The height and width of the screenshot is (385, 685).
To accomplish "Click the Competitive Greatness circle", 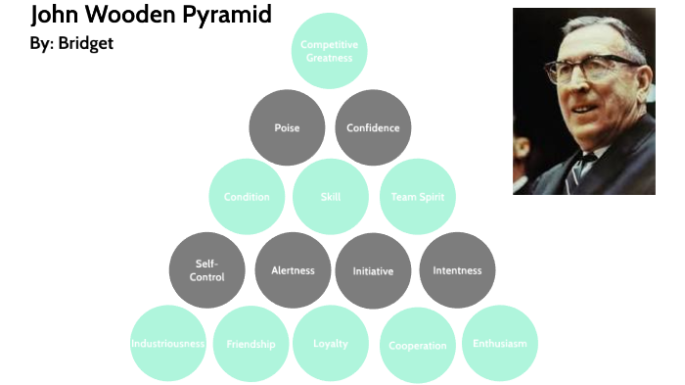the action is tap(330, 51).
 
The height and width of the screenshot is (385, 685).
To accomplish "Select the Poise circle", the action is tap(287, 127).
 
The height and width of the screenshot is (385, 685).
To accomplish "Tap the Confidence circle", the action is tap(373, 127).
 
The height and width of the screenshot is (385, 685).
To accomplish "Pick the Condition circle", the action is tap(247, 197).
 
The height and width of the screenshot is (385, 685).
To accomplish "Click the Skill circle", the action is tap(331, 197).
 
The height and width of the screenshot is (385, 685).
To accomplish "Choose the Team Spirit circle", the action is tap(417, 197).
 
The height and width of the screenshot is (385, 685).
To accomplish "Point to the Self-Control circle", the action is tap(206, 269).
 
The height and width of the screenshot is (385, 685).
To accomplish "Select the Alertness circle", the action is tap(293, 269).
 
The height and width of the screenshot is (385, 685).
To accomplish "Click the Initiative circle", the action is tap(373, 270).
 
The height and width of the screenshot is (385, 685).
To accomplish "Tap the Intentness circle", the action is tap(457, 269).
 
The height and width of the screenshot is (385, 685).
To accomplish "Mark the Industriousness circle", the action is tap(168, 344).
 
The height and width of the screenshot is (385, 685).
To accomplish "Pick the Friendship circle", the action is tap(251, 344).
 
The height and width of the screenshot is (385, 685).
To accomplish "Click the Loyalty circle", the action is tap(331, 344).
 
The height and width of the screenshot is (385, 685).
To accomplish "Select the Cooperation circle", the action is tap(417, 345).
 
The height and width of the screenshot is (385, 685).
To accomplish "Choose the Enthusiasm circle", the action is tap(499, 344).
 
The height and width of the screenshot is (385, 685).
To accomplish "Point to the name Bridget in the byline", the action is tap(86, 44).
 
